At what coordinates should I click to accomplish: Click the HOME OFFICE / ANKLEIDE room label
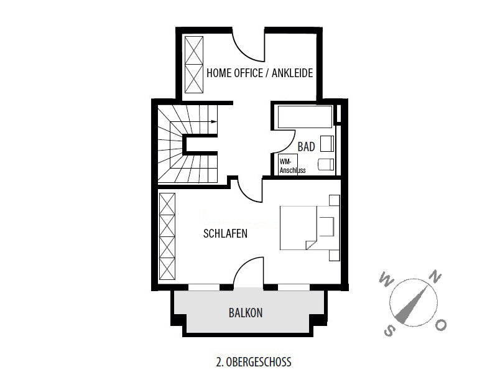pos(259,73)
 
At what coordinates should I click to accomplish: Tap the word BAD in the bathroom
pos(306,147)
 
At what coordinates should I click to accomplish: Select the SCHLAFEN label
pos(225,234)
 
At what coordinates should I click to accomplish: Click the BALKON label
pos(246,313)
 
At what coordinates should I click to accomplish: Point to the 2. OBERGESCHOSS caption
pos(254,362)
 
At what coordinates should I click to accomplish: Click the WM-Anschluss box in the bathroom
pos(288,164)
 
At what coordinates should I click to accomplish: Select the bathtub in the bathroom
pos(305,116)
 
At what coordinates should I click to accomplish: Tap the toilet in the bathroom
pos(326,164)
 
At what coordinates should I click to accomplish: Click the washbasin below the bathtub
pos(327,144)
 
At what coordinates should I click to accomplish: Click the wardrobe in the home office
pos(194,65)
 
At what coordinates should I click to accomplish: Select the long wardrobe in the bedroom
pos(167,236)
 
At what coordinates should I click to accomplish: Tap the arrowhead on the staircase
pos(215,121)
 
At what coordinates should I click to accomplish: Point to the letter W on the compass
pos(386,278)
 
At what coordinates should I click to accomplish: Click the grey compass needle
pos(414,304)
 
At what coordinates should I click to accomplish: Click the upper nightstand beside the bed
pos(335,200)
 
